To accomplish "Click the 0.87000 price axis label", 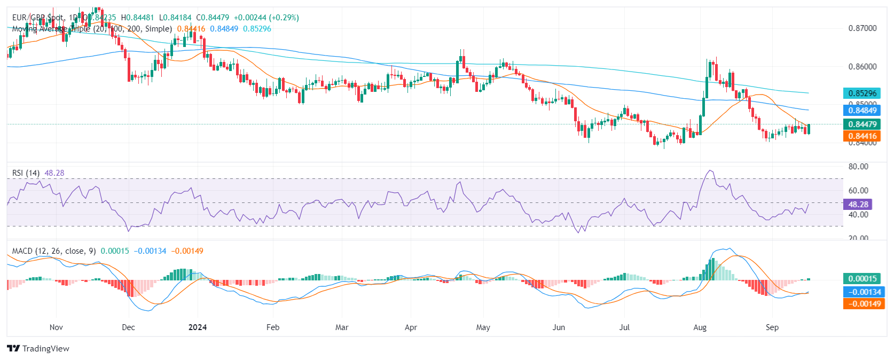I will click(x=862, y=28).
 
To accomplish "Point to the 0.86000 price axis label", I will click(x=862, y=67).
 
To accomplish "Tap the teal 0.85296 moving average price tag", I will click(x=862, y=93).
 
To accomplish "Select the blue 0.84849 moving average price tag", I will click(x=862, y=111).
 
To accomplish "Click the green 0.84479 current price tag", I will click(x=862, y=124).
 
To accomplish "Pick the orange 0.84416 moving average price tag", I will click(x=862, y=136).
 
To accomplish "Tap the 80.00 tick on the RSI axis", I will click(x=858, y=167).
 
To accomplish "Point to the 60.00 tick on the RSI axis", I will click(x=858, y=190).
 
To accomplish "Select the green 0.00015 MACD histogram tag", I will click(x=862, y=278).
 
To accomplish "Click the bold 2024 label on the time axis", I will click(x=198, y=327).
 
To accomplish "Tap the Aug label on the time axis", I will click(x=700, y=327).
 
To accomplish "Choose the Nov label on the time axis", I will click(x=56, y=327).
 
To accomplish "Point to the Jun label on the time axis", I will click(x=559, y=327).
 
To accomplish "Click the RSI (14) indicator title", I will click(x=26, y=173).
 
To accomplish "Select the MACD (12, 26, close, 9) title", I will click(x=54, y=251).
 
